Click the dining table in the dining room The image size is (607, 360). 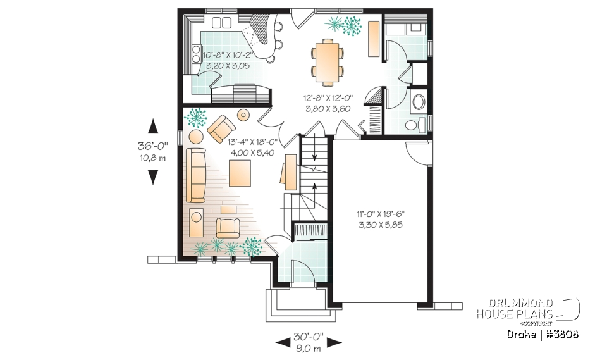(326, 61)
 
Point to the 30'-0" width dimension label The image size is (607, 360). (309, 336)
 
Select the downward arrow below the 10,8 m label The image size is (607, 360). (152, 177)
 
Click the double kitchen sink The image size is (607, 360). (223, 23)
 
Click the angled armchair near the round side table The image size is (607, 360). (221, 128)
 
